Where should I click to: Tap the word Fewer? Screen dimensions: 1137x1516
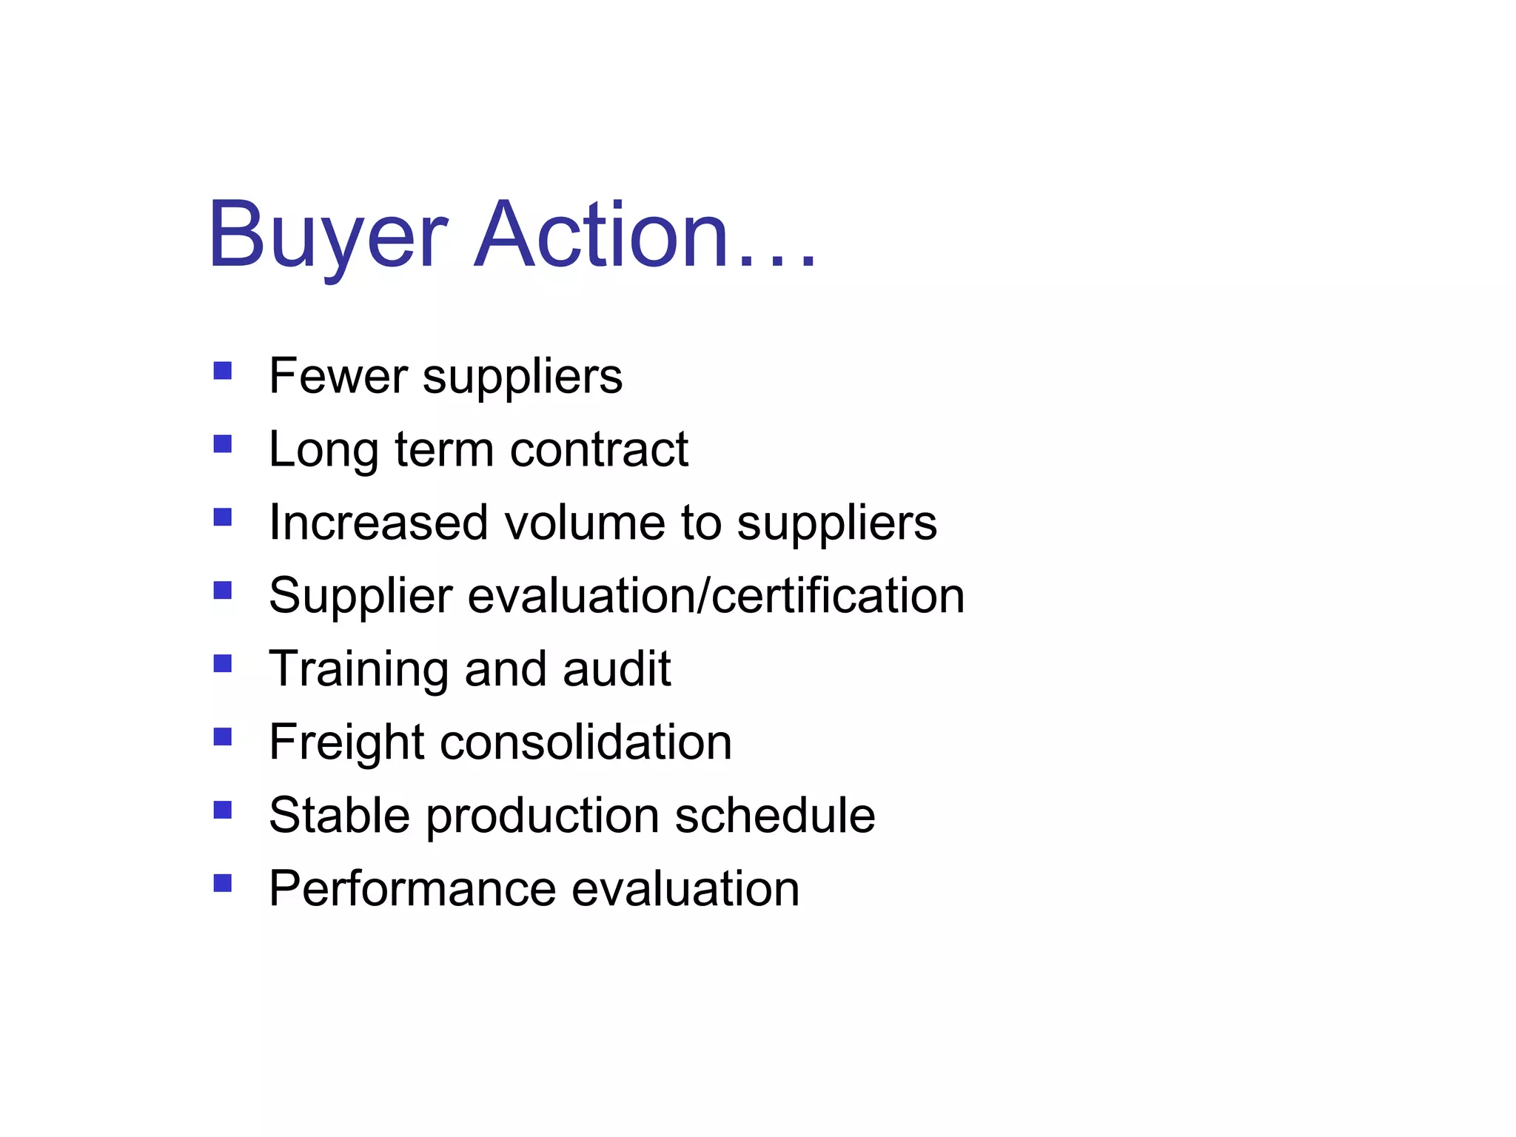pos(338,376)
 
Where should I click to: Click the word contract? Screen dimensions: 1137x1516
pos(599,450)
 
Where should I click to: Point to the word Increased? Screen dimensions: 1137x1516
pos(378,523)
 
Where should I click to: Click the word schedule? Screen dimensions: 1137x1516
pos(775,815)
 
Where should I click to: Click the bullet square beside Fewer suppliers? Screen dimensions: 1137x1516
pos(223,370)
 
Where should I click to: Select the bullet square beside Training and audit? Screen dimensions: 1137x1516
pos(223,663)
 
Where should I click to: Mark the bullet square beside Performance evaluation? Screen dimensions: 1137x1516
pos(223,883)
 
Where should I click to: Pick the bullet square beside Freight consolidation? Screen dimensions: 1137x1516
pos(223,737)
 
